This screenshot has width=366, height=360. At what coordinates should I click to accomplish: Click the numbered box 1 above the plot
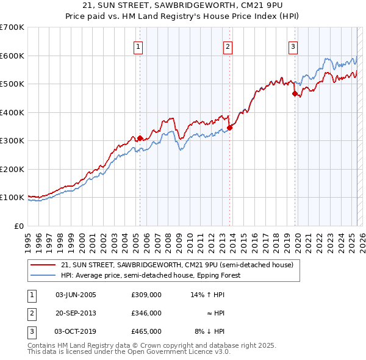[x=138, y=46]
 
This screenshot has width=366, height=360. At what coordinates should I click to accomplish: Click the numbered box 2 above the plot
[x=228, y=46]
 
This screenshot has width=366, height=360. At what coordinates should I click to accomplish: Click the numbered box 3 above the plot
[x=293, y=46]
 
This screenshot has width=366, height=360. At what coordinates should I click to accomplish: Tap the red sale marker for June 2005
[x=140, y=138]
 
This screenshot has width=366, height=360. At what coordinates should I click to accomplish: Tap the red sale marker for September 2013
[x=230, y=128]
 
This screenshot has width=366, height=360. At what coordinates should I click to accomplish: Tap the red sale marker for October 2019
[x=295, y=94]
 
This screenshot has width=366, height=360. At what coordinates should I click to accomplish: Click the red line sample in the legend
[x=43, y=265]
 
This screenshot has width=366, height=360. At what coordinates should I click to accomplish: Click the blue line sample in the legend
[x=43, y=275]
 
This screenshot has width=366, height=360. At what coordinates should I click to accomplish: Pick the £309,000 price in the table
[x=146, y=295]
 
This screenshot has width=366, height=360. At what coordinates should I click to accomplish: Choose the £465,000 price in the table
[x=146, y=331]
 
